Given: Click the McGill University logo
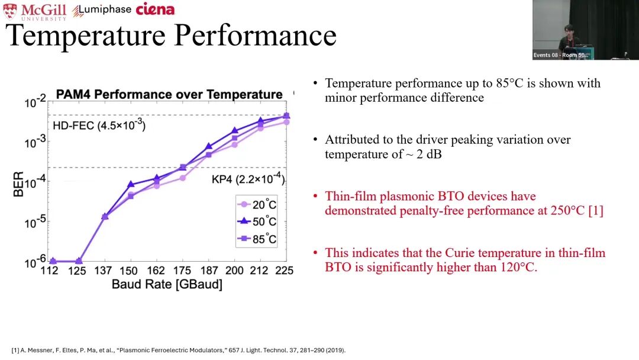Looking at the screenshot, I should coord(34,11).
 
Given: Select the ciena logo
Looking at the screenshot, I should coord(155,9).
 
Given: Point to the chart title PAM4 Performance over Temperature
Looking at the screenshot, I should coord(169,94).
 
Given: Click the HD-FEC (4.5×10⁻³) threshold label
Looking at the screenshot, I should coord(99,125).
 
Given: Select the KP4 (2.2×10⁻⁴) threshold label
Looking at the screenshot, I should coord(248,179).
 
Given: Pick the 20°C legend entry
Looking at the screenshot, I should coord(257,205).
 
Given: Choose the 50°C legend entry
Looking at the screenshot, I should coord(257,221).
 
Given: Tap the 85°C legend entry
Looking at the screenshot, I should coord(257,239).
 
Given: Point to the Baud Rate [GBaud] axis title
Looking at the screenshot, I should coord(167,285).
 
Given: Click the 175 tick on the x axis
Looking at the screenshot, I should coord(182,271).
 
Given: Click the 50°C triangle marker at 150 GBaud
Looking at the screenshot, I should coord(131,184).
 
